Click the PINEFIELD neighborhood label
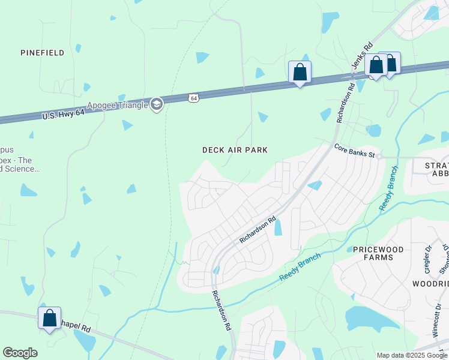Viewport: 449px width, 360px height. point(42,53)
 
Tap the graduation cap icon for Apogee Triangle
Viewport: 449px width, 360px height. point(157,104)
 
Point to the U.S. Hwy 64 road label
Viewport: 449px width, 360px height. point(64,114)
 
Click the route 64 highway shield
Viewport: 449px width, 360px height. point(193,97)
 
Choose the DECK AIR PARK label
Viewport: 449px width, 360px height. point(235,150)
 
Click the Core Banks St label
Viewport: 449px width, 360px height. point(354,151)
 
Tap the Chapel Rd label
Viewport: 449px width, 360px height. point(75,329)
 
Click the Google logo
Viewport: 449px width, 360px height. point(20,353)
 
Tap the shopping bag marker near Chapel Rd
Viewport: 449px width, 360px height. point(50,317)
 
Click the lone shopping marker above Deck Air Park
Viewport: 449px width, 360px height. point(300,72)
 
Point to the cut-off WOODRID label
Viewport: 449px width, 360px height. point(430,283)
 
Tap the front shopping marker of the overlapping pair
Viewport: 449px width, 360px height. point(376,65)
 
